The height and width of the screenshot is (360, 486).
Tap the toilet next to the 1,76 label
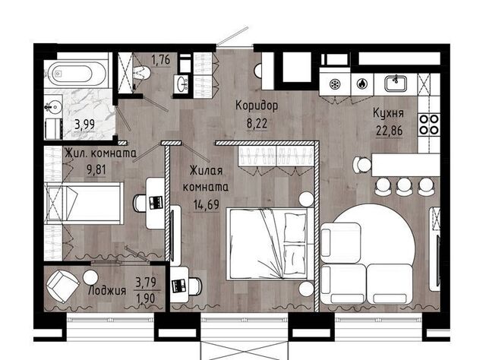tap(142, 73)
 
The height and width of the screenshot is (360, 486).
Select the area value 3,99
tap(84, 125)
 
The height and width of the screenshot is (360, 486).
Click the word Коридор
tap(257, 106)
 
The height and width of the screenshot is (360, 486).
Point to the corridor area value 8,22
tap(257, 123)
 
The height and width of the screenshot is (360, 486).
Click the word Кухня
tap(388, 113)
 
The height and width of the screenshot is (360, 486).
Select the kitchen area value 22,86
tap(390, 131)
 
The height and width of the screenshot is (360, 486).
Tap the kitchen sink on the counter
tap(396, 84)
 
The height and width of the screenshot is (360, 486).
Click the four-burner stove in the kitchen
tap(428, 125)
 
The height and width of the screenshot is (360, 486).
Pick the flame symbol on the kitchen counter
tap(361, 84)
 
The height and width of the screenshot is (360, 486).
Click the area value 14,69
tap(206, 204)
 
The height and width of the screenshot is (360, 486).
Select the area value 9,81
tap(96, 170)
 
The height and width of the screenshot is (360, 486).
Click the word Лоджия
tap(107, 291)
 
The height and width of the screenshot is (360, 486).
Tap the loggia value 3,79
tap(146, 283)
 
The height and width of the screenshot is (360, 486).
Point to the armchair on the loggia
tap(63, 286)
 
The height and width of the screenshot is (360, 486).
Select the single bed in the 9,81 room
tap(84, 203)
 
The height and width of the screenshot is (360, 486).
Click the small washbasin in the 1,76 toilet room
tap(181, 84)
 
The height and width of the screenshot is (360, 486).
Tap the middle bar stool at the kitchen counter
tap(403, 186)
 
